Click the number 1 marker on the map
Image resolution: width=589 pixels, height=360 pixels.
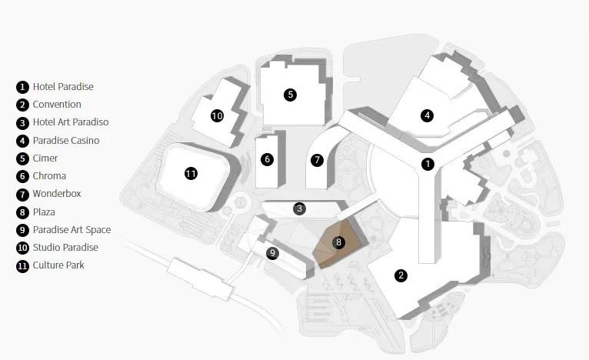point(428,164)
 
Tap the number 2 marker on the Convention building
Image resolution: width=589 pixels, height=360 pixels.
point(401,275)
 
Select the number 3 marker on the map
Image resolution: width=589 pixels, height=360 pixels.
point(300,208)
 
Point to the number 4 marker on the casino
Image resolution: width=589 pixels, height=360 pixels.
point(427,116)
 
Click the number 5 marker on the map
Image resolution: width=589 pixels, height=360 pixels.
point(290,95)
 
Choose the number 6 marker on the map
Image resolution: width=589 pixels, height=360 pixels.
point(267,159)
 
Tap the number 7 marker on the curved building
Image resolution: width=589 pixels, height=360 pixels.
point(317,160)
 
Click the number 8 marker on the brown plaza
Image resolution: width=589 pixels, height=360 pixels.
point(339,242)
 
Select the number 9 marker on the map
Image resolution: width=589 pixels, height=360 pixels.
point(271,252)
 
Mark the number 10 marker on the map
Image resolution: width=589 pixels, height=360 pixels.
point(217,116)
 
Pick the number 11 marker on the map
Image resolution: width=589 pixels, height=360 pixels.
point(191,174)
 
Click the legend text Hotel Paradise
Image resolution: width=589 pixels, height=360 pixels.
point(63,87)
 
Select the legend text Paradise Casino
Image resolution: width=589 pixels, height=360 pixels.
point(66,141)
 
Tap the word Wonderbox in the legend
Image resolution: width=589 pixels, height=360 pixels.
point(57,194)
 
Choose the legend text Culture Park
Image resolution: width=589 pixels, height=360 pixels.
point(58,265)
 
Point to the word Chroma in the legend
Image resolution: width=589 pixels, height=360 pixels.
point(49,176)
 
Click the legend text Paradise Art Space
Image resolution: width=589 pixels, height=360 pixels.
point(72,230)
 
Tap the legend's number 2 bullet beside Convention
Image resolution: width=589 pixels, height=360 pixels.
point(23,105)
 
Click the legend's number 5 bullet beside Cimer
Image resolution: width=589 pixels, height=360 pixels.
point(23,158)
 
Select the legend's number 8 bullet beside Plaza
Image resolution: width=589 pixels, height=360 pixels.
point(23,212)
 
